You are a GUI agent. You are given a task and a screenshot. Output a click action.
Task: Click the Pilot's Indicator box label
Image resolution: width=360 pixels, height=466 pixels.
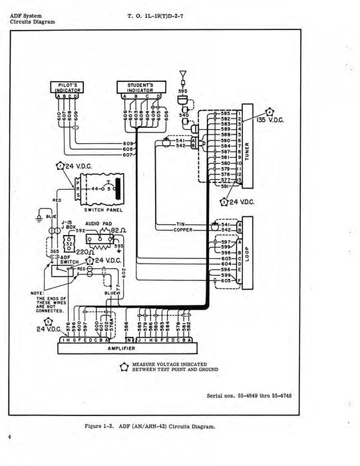[x=65, y=87]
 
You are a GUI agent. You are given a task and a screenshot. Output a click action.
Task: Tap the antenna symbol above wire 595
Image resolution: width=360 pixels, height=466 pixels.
[x=181, y=73]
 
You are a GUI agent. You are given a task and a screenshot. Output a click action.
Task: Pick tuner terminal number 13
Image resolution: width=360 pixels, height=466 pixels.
[x=238, y=180]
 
